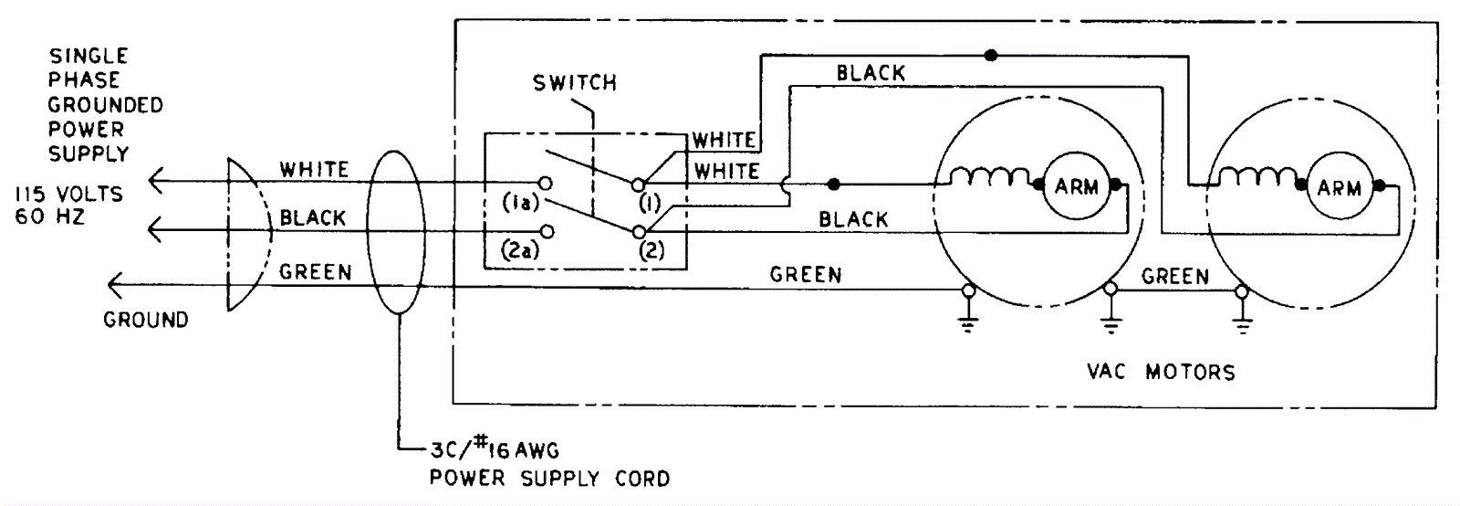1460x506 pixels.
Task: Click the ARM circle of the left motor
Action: pos(1076,187)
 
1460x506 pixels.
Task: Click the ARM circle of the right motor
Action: pos(1339,188)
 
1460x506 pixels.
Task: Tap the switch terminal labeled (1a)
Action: pos(546,182)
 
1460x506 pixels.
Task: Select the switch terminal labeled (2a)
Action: pos(546,232)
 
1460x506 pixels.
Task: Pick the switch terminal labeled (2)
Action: pos(639,232)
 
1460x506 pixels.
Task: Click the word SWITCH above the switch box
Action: pos(575,83)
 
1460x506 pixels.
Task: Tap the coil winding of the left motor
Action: pos(989,177)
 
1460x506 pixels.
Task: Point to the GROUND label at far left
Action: pos(145,321)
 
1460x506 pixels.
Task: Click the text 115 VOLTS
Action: pos(68,195)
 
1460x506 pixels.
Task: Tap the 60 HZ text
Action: pos(49,217)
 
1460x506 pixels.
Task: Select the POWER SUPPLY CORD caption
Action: pos(549,478)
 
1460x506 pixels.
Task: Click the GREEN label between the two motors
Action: pos(1175,276)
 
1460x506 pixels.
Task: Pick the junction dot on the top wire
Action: pos(992,55)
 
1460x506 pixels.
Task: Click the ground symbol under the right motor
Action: pos(1240,321)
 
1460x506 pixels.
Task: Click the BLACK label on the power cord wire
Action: pos(313,218)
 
